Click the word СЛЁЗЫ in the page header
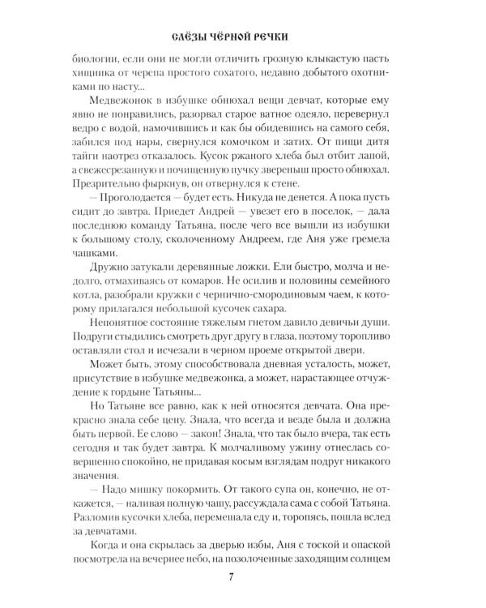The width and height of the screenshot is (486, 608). pos(187,37)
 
